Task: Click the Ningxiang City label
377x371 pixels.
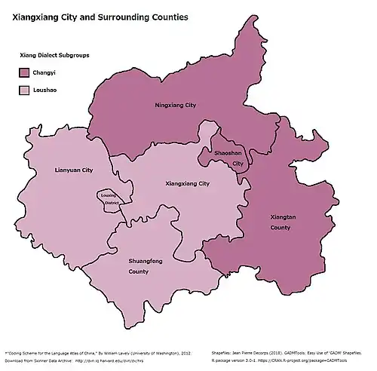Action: [175, 105]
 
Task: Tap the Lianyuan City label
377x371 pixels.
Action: [74, 170]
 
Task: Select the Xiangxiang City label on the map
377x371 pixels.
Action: [187, 183]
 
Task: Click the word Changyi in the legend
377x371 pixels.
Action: [45, 73]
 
